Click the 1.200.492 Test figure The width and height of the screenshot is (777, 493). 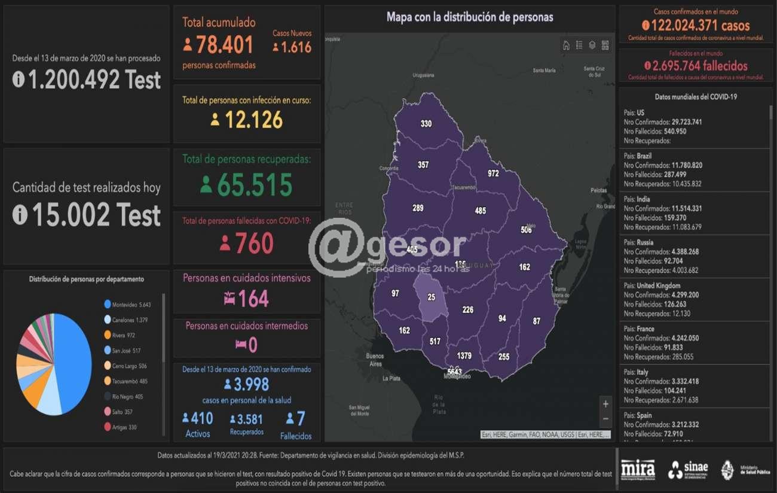point(87,80)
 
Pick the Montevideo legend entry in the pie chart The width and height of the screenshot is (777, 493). point(127,305)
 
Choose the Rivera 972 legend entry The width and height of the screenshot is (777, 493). point(124,335)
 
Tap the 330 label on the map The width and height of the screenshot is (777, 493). point(426,124)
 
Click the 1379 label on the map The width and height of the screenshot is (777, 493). point(464,355)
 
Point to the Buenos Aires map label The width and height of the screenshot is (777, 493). point(375,360)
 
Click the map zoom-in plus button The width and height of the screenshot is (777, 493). point(605,404)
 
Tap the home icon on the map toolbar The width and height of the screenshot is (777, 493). point(566,45)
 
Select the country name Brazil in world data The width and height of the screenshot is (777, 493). point(644,156)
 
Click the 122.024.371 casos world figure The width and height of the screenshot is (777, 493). point(696,26)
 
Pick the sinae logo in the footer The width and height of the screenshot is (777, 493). point(688,470)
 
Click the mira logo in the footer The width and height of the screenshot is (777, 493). point(637,469)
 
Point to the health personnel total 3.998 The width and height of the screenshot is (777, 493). point(246,384)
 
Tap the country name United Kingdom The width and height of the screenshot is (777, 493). point(662,286)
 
